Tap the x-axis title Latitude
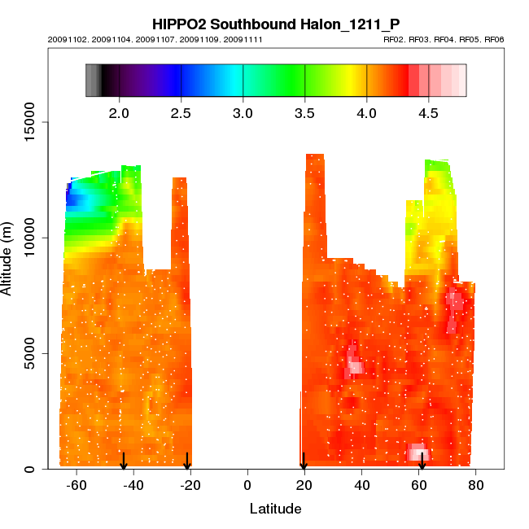coord(275,509)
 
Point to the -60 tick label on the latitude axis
coord(77,485)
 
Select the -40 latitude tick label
coord(133,485)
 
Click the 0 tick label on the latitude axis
coord(247,485)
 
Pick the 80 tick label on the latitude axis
coord(476,485)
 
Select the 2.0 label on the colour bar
coord(120,112)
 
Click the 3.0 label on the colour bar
coord(243,112)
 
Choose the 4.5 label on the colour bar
coord(429,112)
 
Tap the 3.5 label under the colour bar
coord(305,112)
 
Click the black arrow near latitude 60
coord(422,461)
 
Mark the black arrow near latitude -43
coord(124,461)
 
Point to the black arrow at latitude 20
coord(304,461)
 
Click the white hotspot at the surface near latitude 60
coord(418,452)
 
